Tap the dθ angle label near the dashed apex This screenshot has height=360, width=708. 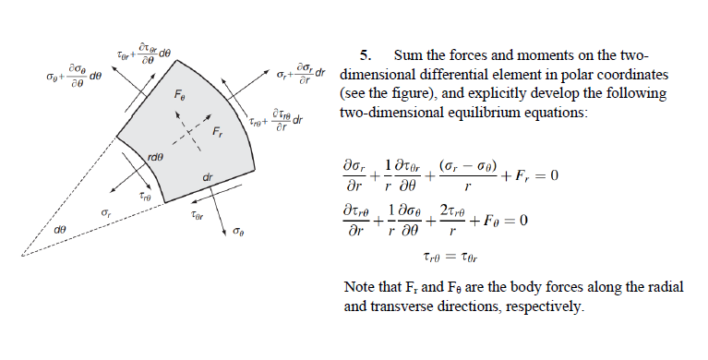[x=59, y=227]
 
